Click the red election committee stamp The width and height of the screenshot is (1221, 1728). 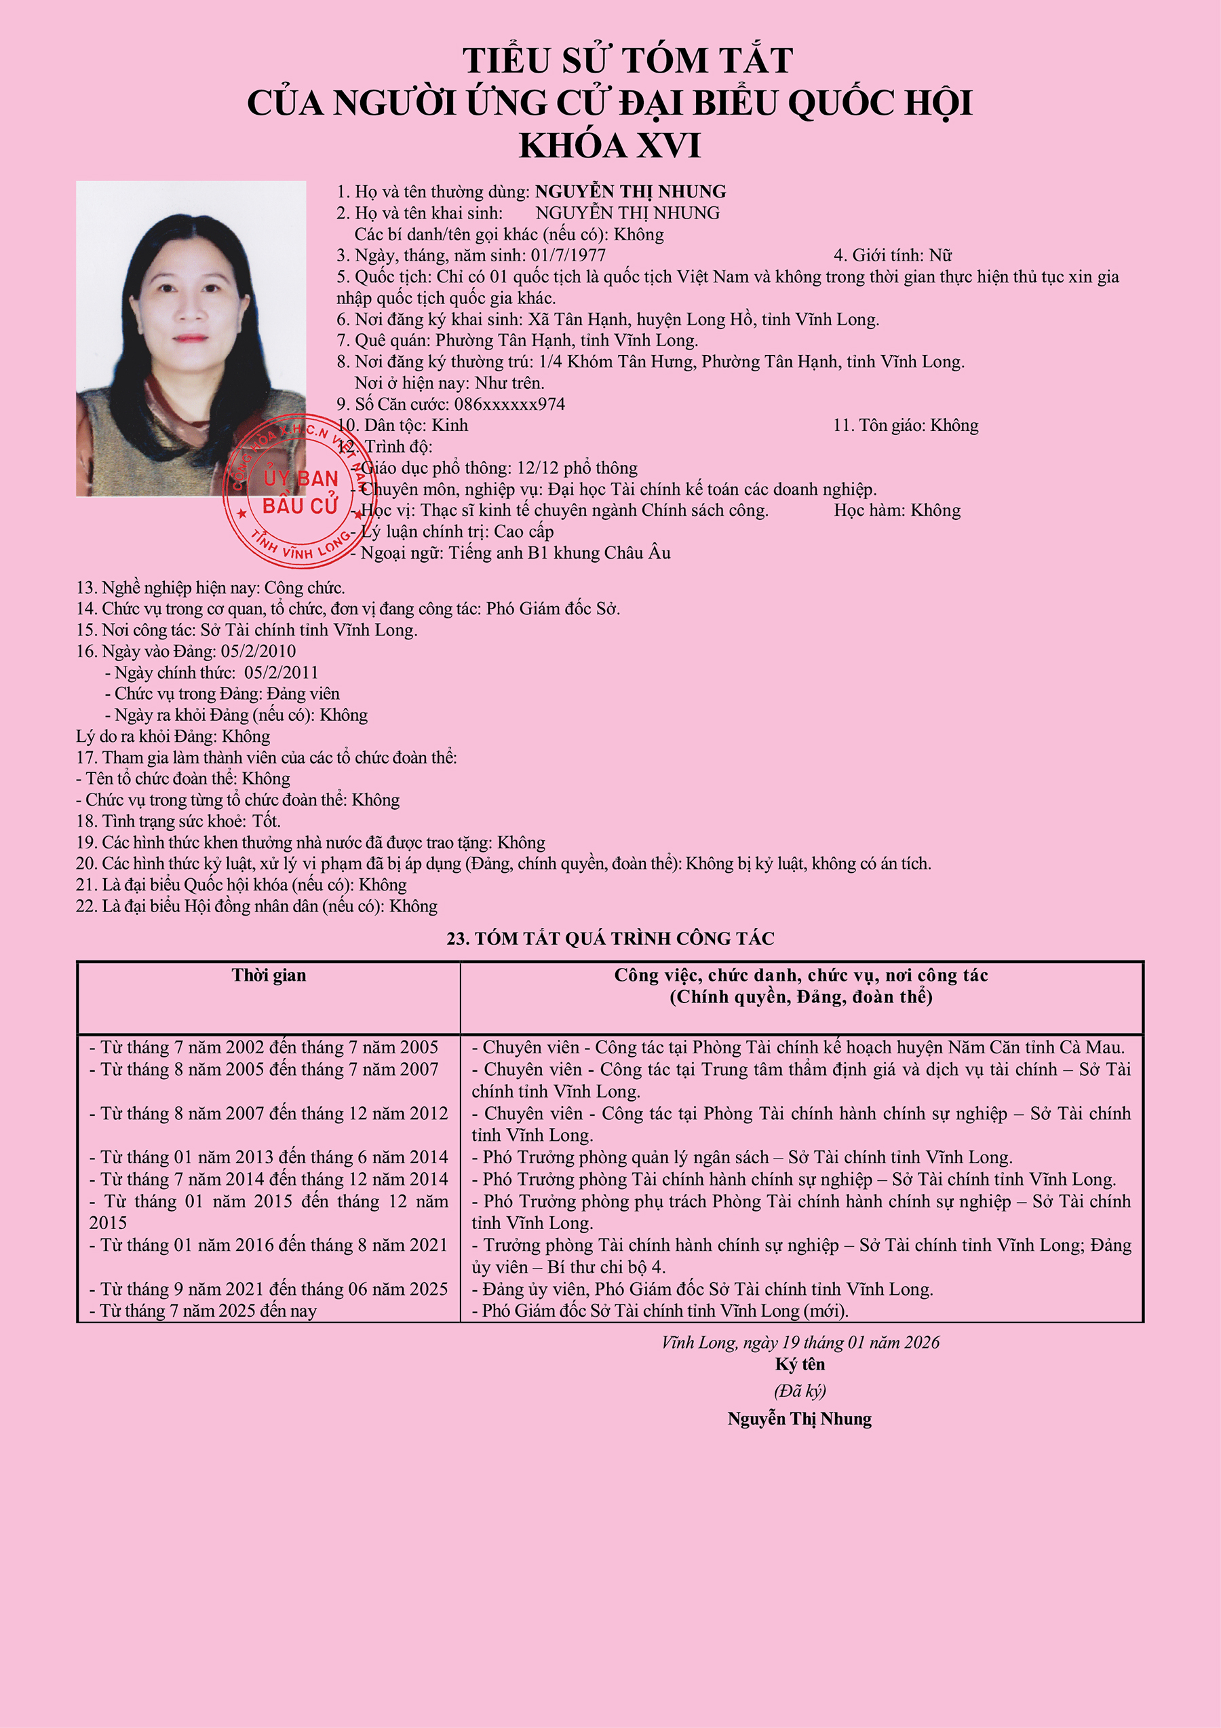click(299, 491)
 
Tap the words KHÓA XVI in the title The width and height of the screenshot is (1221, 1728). click(609, 145)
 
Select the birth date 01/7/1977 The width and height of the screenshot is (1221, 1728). click(568, 255)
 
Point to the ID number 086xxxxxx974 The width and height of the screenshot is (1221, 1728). click(509, 404)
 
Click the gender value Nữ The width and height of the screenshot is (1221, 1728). click(940, 255)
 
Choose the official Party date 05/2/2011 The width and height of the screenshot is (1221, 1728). click(281, 672)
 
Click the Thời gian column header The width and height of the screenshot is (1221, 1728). click(269, 975)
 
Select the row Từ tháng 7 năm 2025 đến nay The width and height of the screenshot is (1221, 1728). click(203, 1311)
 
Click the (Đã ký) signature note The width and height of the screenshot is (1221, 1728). click(800, 1391)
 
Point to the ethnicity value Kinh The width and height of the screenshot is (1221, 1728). click(449, 426)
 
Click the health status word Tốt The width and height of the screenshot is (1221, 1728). click(267, 821)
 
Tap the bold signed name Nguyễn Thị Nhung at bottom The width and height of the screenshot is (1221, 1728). click(799, 1419)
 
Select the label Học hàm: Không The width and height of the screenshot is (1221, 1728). click(897, 510)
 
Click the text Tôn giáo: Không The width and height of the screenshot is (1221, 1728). click(905, 426)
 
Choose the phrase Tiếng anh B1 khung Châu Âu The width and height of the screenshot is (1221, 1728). click(560, 552)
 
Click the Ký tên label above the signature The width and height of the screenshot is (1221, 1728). click(800, 1364)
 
